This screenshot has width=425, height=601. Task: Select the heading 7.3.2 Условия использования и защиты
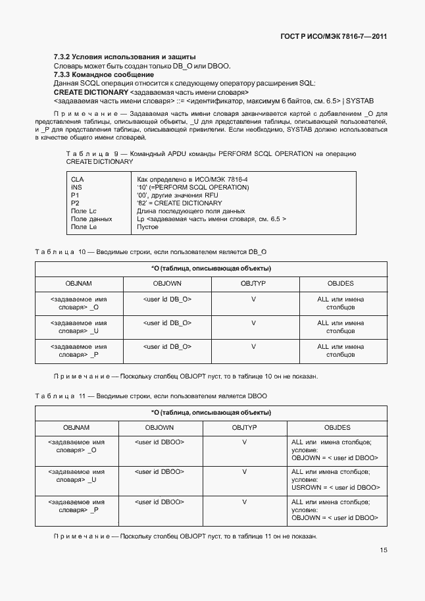(124, 58)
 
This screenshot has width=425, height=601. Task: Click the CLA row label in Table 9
(77, 179)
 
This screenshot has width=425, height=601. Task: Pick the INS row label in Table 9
(76, 187)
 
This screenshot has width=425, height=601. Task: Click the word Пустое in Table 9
(147, 226)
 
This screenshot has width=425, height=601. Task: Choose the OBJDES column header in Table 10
(340, 282)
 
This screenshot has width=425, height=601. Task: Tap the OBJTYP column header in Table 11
(244, 427)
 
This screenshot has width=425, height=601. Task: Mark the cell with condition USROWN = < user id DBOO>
(336, 488)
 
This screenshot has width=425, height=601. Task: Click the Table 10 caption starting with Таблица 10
(151, 251)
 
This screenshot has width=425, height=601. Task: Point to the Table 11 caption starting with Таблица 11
(151, 396)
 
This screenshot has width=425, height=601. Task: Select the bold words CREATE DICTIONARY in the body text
(91, 92)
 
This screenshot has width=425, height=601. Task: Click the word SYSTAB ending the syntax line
(360, 101)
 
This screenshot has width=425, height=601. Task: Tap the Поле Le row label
(84, 226)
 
